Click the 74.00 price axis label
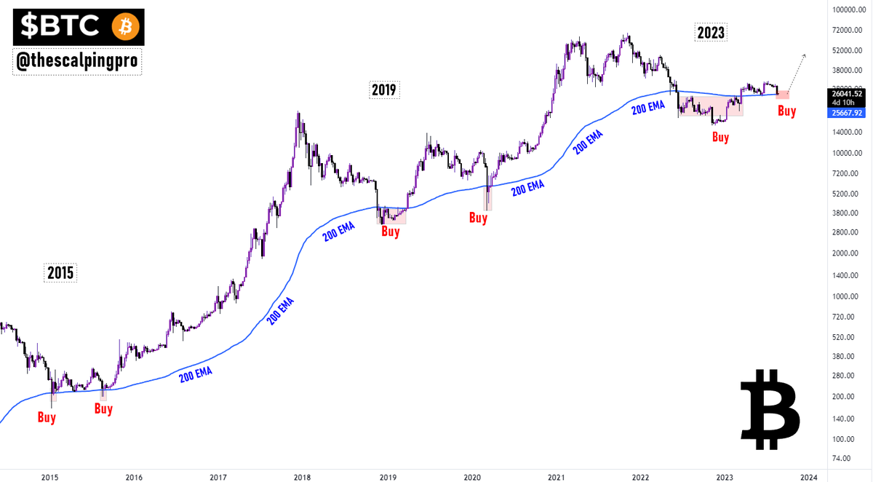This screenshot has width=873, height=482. coord(842,458)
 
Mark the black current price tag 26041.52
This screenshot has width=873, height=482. coord(846,94)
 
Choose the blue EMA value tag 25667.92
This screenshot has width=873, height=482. coord(846,113)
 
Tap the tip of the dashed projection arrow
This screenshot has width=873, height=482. coord(806,54)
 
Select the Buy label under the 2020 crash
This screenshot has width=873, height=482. coord(478,217)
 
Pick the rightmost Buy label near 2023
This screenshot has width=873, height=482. coord(786,111)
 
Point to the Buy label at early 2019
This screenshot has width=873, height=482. coord(391,232)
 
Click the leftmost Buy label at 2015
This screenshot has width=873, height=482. coord(47,418)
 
